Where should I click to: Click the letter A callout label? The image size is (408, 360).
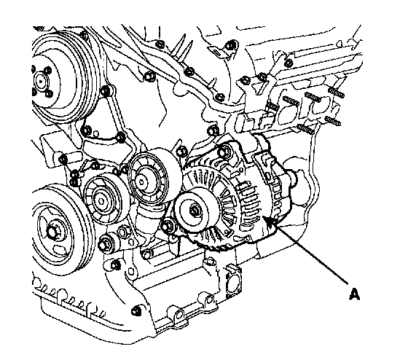tap(354, 294)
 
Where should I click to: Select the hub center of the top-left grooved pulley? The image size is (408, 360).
tap(40, 82)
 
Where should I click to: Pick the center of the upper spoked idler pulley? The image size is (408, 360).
tap(142, 181)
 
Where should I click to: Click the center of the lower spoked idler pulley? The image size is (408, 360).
tap(101, 201)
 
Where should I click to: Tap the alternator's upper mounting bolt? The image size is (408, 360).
tap(223, 152)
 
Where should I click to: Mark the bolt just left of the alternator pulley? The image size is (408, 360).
tap(167, 225)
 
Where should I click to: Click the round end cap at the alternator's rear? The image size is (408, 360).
tap(292, 178)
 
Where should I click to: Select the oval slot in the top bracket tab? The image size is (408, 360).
tap(217, 52)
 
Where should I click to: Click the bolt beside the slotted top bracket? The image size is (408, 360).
tap(230, 46)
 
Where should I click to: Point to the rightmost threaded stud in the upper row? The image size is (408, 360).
tap(336, 92)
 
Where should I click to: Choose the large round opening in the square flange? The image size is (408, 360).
tap(233, 283)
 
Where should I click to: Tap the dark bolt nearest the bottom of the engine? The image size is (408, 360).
tap(136, 311)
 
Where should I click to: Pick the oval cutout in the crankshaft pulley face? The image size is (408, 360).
tap(59, 250)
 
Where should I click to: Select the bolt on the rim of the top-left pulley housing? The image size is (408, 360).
tap(84, 35)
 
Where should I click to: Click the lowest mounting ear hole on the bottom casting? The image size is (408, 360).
tap(178, 316)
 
